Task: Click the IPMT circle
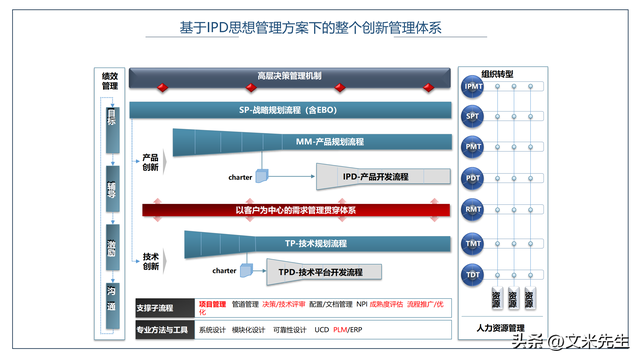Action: [x=473, y=87]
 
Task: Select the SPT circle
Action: [x=473, y=117]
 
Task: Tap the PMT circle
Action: [x=473, y=147]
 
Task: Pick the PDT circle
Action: [x=473, y=178]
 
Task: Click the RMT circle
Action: [x=473, y=209]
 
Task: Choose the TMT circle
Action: [x=473, y=242]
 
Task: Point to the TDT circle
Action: [x=473, y=273]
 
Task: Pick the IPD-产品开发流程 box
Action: [x=375, y=177]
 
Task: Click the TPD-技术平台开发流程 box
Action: [x=320, y=271]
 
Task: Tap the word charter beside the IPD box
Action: [x=240, y=177]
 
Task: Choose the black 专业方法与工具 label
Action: [x=163, y=329]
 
